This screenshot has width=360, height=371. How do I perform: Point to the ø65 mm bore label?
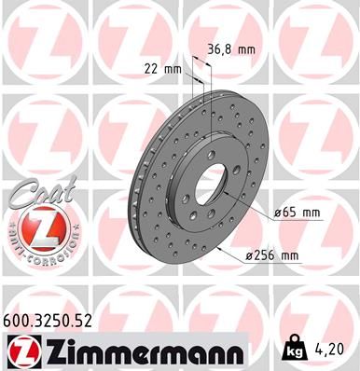(x=297, y=213)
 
